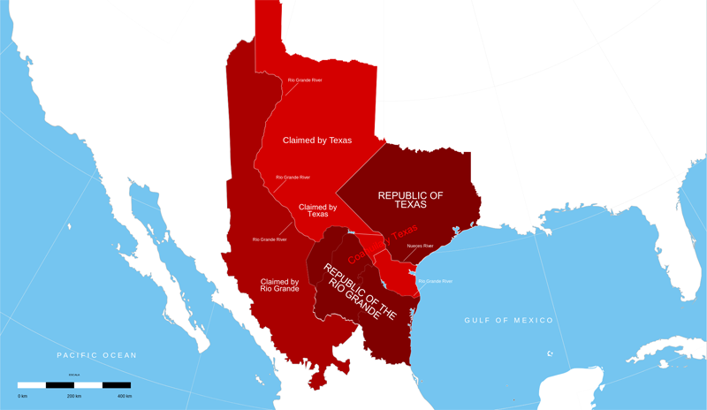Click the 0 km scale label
[22, 396]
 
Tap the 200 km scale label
[75, 396]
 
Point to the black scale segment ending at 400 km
[116, 385]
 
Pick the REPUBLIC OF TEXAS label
[410, 200]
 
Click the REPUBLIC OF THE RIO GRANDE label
[358, 292]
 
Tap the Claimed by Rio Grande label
[279, 285]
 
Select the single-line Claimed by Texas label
[316, 140]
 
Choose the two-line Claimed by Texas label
[318, 210]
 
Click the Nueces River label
[420, 246]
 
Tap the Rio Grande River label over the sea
[434, 281]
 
